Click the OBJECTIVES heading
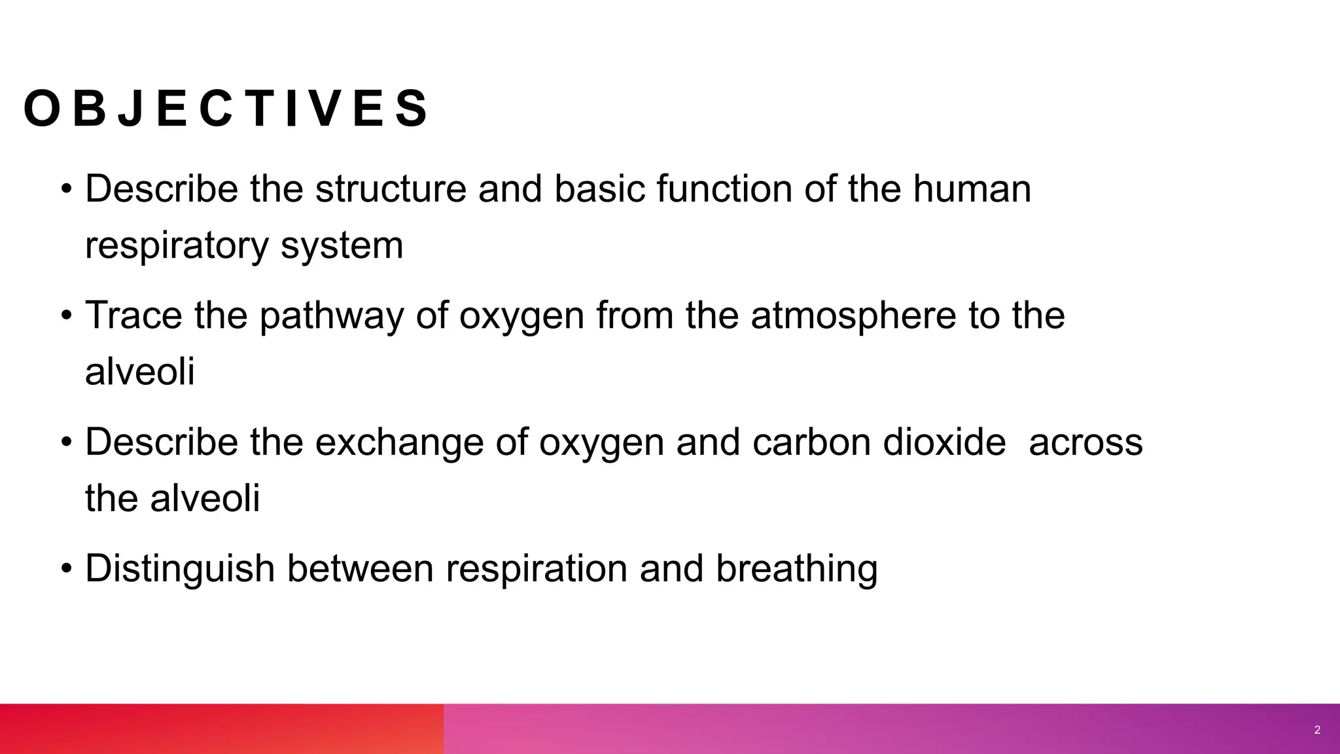[x=226, y=109]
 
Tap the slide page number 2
[x=1317, y=730]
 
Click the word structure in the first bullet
[x=391, y=189]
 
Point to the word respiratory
[x=177, y=246]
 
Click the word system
[x=342, y=246]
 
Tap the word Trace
[x=133, y=315]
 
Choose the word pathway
[x=331, y=315]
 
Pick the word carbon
[x=811, y=442]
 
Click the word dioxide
[x=944, y=442]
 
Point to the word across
[x=1085, y=442]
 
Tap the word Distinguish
[x=180, y=568]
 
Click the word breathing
[x=796, y=568]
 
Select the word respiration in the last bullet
[x=537, y=568]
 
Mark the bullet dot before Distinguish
[x=66, y=569]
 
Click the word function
[x=724, y=189]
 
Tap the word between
[x=360, y=568]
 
